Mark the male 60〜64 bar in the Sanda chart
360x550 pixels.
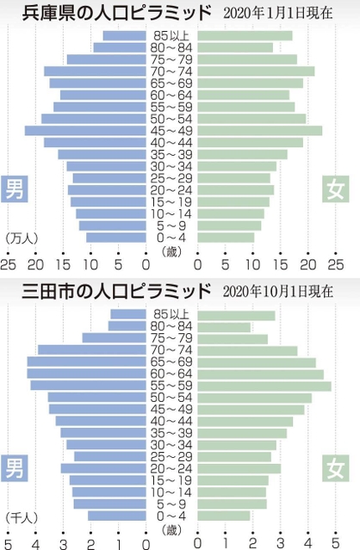[86, 374]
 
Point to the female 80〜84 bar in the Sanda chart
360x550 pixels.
[224, 327]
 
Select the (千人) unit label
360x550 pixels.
[21, 516]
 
